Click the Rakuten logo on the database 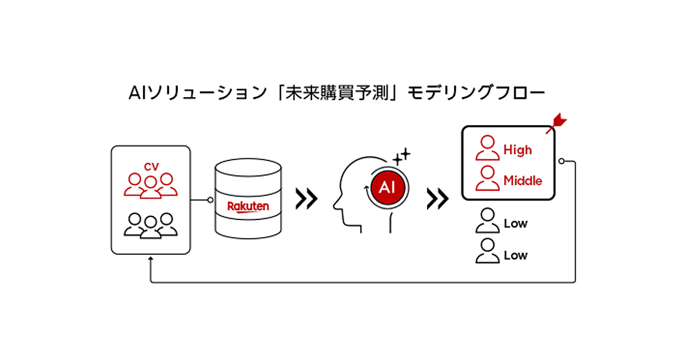248,206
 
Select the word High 517,150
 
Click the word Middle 523,181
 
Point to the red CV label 151,166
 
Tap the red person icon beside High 487,147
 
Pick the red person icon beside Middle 487,178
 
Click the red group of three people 151,185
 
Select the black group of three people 151,225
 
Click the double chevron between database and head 306,198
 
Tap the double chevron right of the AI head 438,198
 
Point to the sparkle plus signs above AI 402,156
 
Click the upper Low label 515,223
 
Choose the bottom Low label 515,255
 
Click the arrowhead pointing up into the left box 150,259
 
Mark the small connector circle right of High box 561,162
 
